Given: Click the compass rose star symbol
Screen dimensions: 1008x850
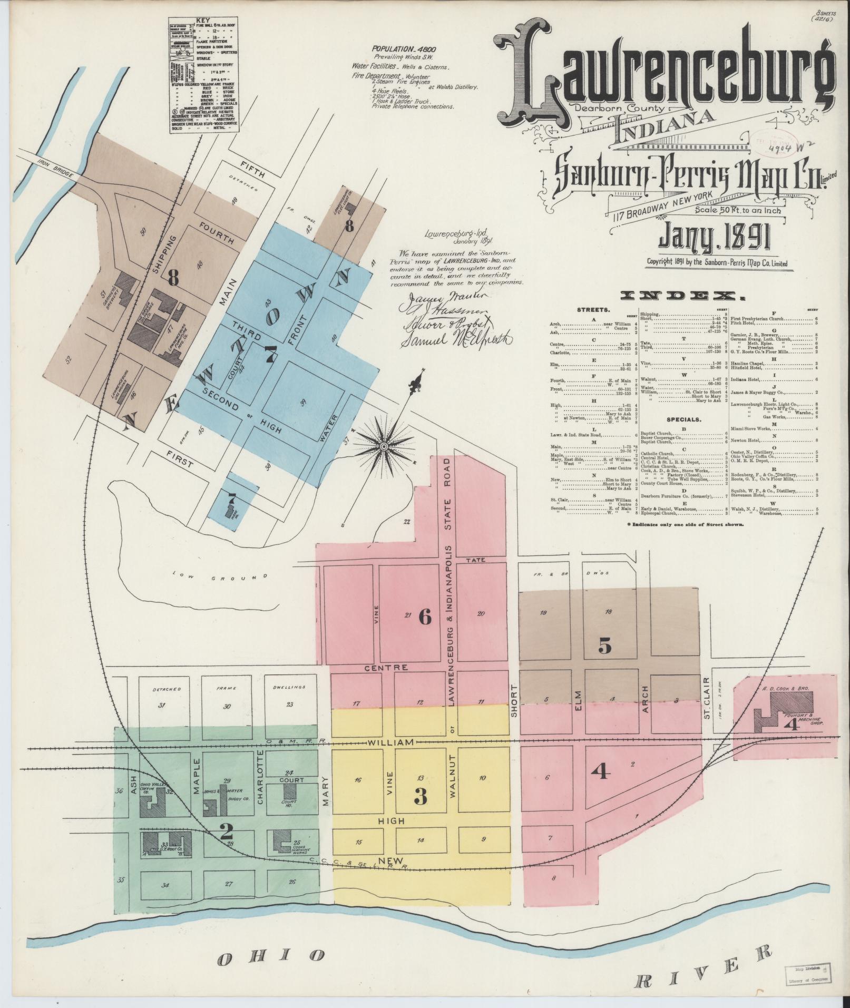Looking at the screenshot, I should tap(384, 446).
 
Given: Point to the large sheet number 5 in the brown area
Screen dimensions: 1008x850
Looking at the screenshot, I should tap(605, 645).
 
